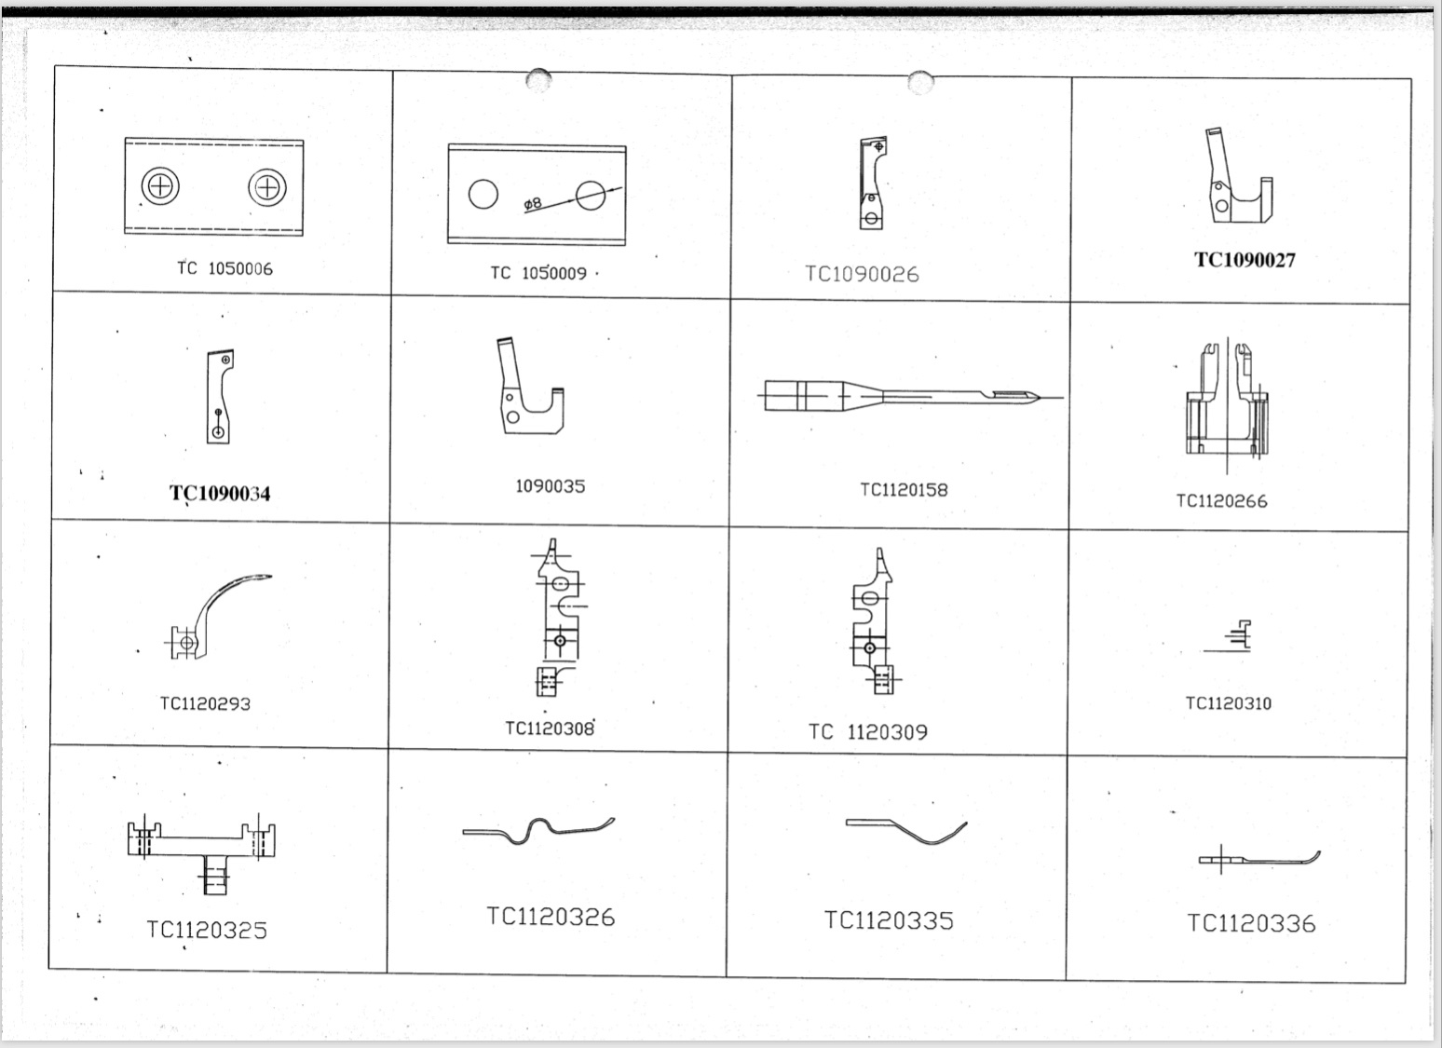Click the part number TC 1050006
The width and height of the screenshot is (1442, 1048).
click(224, 268)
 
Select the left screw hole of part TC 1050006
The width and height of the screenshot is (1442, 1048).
click(160, 186)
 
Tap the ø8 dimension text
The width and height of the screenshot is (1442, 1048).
click(533, 203)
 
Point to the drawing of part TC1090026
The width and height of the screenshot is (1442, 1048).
click(872, 183)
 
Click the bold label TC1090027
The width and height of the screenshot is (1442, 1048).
click(1245, 260)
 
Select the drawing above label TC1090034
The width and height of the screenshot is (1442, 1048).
click(220, 396)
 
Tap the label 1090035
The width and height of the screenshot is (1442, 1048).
click(550, 486)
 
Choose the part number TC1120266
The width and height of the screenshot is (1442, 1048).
click(1221, 501)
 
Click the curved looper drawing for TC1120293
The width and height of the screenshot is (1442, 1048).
click(216, 615)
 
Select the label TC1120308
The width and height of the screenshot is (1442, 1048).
click(550, 728)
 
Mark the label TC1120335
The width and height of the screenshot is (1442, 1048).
click(889, 920)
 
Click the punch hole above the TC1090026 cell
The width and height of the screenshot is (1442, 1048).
click(919, 83)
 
